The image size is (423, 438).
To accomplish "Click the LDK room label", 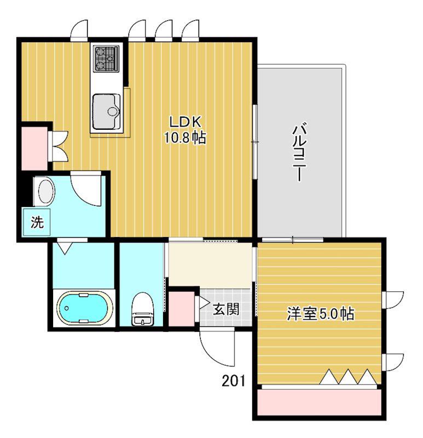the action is coord(186,122).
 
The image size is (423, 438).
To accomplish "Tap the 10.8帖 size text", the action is coord(185,137).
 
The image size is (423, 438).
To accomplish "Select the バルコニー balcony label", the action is coord(299,153).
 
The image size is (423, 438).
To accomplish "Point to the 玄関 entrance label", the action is coord(226,309).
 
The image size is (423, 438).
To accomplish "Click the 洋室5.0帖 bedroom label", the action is coord(321,314).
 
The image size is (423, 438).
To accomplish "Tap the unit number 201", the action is coord(234,381).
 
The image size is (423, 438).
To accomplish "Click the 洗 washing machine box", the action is coord(37,222).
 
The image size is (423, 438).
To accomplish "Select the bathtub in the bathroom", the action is coord(83,308).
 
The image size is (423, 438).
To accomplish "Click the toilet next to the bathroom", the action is coord(142,309).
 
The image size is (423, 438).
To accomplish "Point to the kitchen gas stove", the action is coord(106,59).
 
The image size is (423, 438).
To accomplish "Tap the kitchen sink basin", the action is coord(106,112).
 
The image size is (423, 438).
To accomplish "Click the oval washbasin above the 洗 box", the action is coord(47,193).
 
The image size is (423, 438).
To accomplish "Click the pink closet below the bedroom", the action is coord(319,402).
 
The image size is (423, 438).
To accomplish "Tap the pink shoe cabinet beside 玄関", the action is coord(182,309).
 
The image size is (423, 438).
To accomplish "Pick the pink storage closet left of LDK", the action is coord(34,148).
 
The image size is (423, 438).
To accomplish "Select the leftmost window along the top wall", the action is coord(79,31).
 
